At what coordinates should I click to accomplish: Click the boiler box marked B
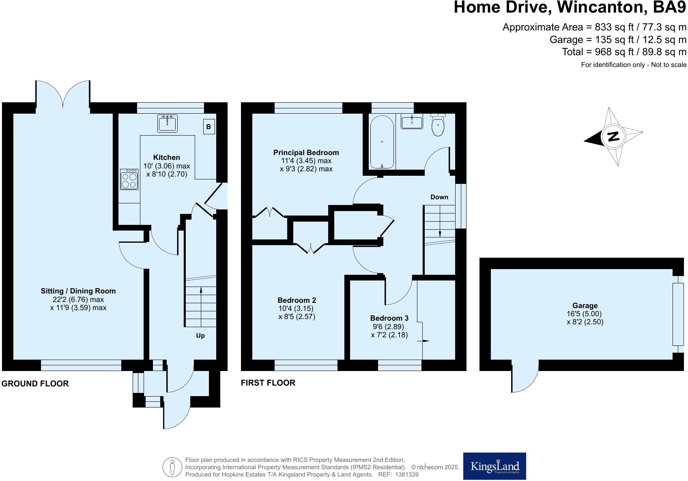pos(209,127)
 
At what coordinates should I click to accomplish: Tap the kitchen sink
pos(168,123)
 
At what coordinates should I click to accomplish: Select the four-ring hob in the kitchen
pos(129,179)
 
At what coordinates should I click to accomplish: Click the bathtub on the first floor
pos(382,142)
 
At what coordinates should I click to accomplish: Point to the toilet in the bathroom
pos(438,125)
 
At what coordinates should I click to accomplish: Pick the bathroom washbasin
pos(412,121)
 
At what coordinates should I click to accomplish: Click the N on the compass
pos(613,136)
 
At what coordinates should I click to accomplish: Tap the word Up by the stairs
pos(200,336)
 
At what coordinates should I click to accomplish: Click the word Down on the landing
pos(439,197)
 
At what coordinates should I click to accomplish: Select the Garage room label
pos(585,306)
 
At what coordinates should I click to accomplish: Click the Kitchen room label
pos(166,157)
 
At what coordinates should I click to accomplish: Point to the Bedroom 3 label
pos(389,318)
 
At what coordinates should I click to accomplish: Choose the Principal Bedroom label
pos(306,153)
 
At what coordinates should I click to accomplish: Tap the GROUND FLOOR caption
pos(35,384)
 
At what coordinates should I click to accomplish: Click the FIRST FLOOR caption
pos(268,383)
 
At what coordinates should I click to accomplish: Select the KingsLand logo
pos(494,466)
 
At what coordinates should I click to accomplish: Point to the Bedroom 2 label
pos(297,300)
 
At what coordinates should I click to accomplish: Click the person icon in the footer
pos(172,467)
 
